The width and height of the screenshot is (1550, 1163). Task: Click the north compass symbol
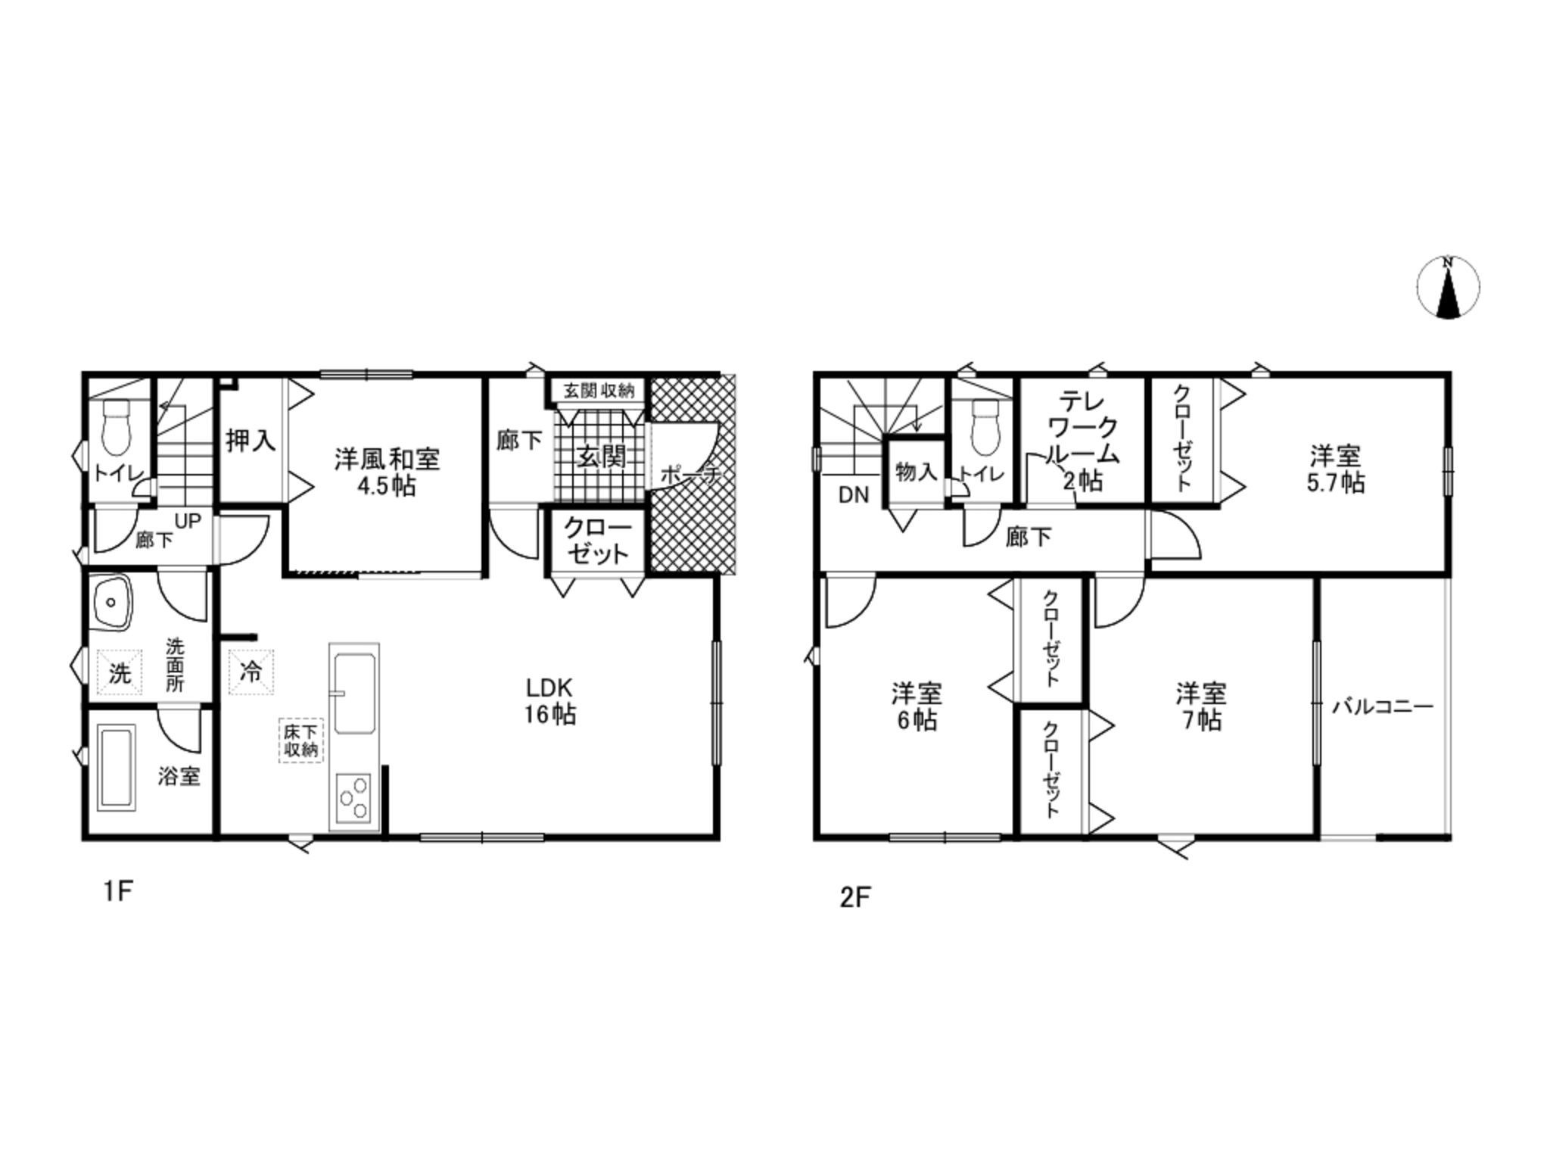click(x=1448, y=287)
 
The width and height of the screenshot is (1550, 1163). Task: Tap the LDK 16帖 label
click(x=550, y=701)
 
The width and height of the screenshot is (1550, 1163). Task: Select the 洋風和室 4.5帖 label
click(x=387, y=472)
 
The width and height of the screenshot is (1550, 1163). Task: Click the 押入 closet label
click(x=251, y=440)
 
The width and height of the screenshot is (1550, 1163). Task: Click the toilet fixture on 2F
click(x=985, y=424)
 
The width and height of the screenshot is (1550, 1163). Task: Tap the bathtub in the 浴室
click(x=117, y=768)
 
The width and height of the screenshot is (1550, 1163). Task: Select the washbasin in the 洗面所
click(x=112, y=603)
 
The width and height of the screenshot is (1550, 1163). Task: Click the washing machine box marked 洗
click(x=120, y=672)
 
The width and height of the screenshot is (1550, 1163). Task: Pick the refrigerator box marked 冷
click(x=251, y=672)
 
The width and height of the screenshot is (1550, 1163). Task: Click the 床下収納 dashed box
click(x=300, y=741)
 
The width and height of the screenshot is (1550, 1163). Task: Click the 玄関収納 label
click(x=598, y=391)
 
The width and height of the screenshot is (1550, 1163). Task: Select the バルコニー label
click(x=1383, y=707)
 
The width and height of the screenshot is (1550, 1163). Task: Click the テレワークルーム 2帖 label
click(x=1082, y=441)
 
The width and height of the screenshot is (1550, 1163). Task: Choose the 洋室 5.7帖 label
click(x=1336, y=469)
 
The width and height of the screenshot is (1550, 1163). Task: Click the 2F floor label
click(x=855, y=897)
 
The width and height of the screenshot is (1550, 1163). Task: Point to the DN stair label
click(x=854, y=496)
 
